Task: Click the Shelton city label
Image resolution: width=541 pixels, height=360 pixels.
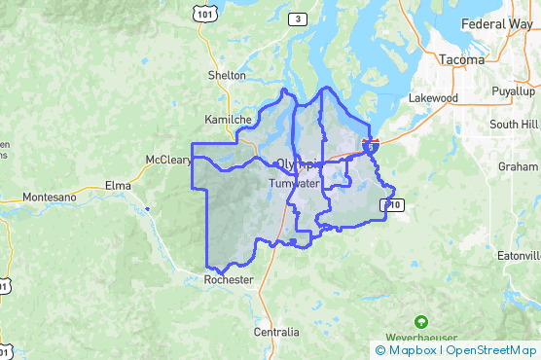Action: [x=227, y=74]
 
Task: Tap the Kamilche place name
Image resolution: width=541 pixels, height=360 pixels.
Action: [x=229, y=120]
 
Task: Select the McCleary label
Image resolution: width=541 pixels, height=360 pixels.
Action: [x=167, y=159]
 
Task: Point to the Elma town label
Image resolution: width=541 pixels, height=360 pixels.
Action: [x=119, y=183]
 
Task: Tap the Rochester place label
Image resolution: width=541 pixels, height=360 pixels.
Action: [x=229, y=279]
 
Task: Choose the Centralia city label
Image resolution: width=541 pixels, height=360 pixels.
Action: [x=276, y=332]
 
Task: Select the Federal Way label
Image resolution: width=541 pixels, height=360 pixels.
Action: [x=496, y=22]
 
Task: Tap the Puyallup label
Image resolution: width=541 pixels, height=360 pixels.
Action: [x=514, y=90]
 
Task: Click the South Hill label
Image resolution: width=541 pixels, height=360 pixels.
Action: [x=513, y=124]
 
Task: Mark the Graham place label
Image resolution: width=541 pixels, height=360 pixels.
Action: [x=518, y=166]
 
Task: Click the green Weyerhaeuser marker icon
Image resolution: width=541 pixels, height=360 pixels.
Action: [x=420, y=320]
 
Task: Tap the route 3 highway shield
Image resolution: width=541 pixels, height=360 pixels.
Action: [x=297, y=18]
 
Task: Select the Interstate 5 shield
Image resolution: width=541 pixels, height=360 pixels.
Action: [x=371, y=144]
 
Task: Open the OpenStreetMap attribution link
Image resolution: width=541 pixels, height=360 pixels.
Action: [x=491, y=350]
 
